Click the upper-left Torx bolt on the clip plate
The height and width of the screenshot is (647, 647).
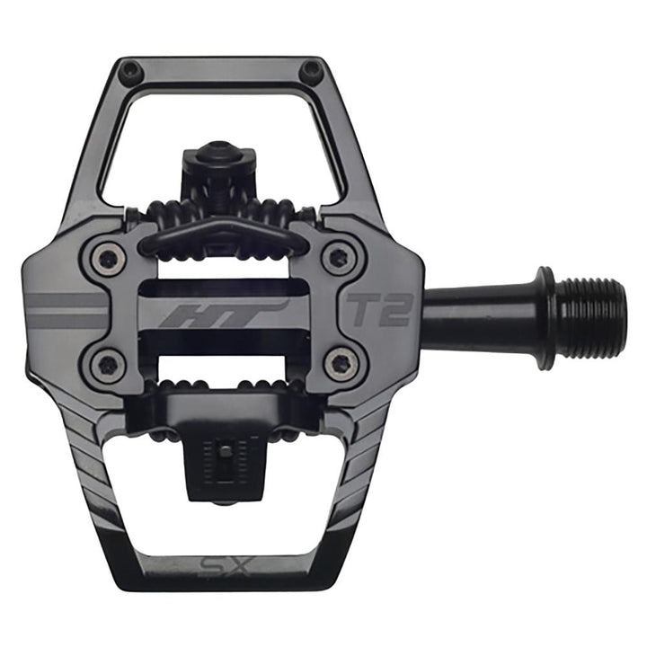pyautogui.click(x=107, y=260)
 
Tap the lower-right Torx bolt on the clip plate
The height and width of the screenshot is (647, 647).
pyautogui.click(x=341, y=363)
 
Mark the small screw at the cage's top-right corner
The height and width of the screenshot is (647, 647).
pyautogui.click(x=312, y=68)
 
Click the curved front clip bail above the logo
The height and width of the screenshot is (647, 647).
pyautogui.click(x=221, y=231)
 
